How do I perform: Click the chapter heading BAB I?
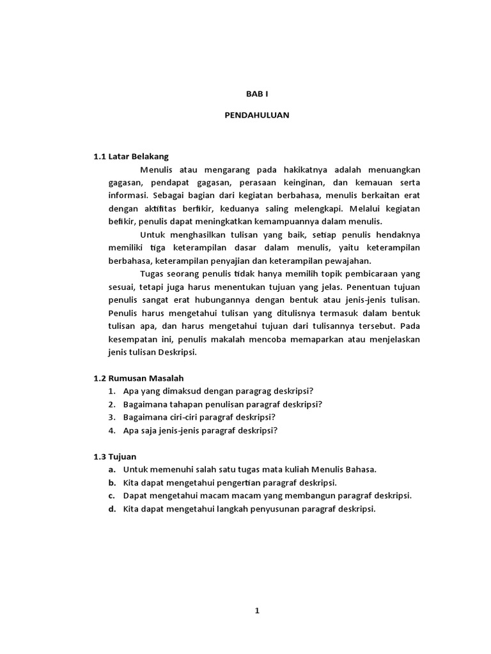pos(256,93)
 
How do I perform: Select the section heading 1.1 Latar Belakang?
pos(131,156)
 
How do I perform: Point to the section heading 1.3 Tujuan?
pos(116,456)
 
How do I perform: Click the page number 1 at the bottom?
pos(257,611)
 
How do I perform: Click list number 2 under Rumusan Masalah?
pos(111,404)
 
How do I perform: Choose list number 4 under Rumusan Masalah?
pos(111,430)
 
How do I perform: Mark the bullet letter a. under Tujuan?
pos(111,469)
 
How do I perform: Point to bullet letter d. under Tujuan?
pos(111,509)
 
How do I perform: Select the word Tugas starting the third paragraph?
pos(152,274)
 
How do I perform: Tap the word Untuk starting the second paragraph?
pos(152,234)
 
